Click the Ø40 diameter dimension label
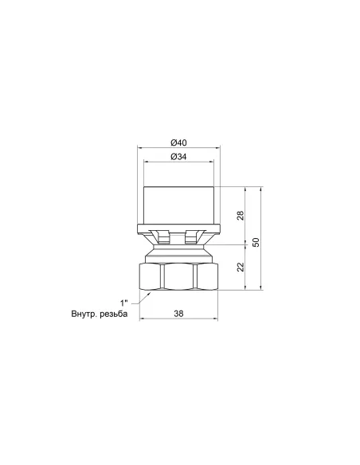(x=178, y=143)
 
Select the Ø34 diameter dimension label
(x=178, y=157)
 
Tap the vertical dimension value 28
(x=241, y=215)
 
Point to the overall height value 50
(x=256, y=242)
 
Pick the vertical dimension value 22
(x=241, y=267)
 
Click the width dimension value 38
(x=178, y=314)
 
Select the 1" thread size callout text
(x=124, y=303)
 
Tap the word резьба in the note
(x=114, y=314)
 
